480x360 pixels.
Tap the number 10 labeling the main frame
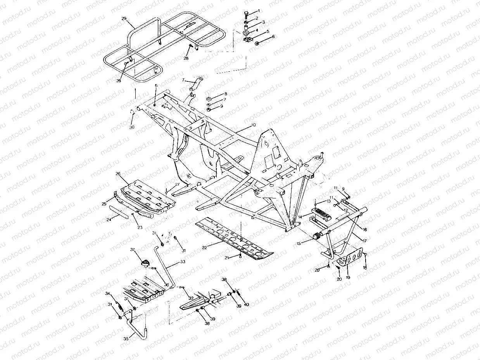coord(254,126)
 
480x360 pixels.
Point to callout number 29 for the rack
coord(124,19)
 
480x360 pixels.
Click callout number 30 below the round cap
coord(132,127)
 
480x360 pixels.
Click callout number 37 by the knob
coord(132,250)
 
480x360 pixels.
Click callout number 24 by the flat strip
coord(109,220)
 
